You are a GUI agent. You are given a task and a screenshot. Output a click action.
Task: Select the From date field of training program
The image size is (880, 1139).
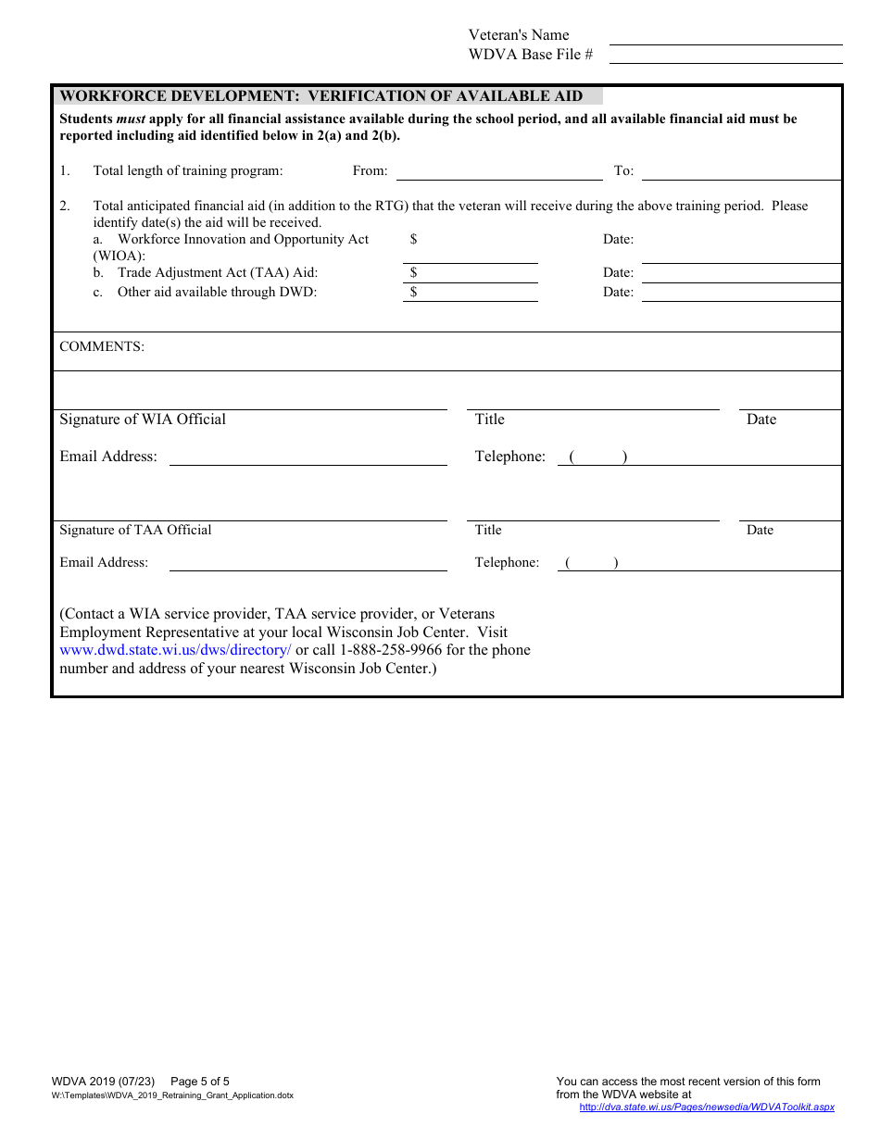coord(499,171)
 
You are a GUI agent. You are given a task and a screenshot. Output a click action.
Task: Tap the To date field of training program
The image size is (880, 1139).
coord(741,171)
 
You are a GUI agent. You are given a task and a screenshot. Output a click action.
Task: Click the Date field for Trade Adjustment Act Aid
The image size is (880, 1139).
coord(741,273)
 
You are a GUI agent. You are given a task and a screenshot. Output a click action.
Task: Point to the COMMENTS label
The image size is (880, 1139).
coord(102,346)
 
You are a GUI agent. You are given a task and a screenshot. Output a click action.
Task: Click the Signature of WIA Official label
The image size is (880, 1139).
coord(143,419)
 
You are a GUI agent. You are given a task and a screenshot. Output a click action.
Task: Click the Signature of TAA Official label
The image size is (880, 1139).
coord(135,530)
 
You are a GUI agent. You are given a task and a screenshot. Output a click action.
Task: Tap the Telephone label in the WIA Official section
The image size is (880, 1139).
coord(509,457)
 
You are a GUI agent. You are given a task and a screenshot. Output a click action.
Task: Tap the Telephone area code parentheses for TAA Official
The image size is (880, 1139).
coord(592,562)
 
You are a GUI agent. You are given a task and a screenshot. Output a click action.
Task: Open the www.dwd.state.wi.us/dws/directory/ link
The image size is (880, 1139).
coord(175,650)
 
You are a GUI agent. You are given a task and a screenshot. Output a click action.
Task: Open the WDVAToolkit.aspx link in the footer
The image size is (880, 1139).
coord(707,1107)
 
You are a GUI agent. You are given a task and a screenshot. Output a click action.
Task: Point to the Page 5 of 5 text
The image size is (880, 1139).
coord(200,1081)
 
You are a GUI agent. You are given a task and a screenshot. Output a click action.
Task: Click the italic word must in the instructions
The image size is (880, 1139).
coord(131,119)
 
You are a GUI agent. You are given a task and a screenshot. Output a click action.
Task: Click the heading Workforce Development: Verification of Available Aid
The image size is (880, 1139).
coord(321,95)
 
